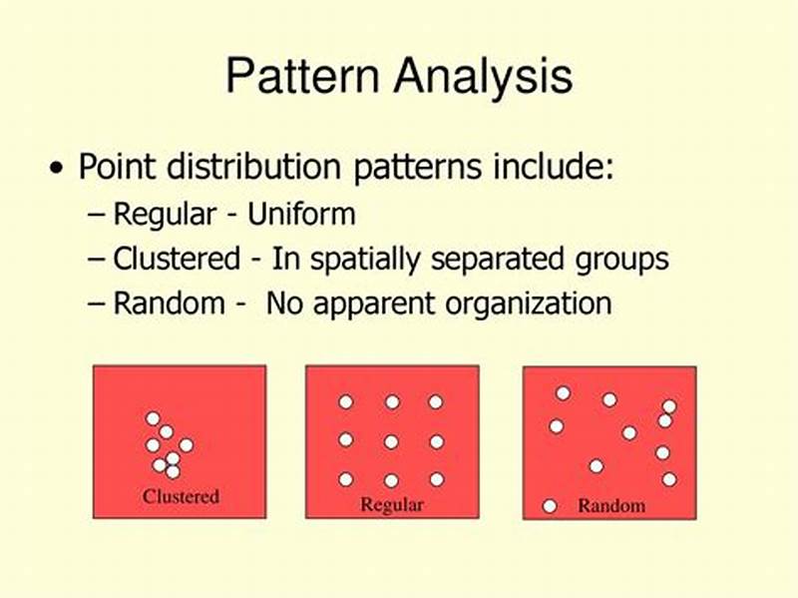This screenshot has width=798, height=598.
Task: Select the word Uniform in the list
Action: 302,215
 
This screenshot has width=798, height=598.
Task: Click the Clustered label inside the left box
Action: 181,496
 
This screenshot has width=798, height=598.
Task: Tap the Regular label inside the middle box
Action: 392,504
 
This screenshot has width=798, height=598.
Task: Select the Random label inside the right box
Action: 611,506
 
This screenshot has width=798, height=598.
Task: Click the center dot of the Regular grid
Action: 391,441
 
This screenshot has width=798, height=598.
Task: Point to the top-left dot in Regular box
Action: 346,401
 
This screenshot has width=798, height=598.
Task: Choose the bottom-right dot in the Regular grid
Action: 436,479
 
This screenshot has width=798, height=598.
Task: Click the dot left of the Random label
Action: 549,506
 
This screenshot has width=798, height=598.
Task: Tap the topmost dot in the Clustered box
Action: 153,418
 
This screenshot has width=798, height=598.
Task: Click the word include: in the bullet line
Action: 561,168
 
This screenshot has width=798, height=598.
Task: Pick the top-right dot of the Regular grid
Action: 436,401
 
